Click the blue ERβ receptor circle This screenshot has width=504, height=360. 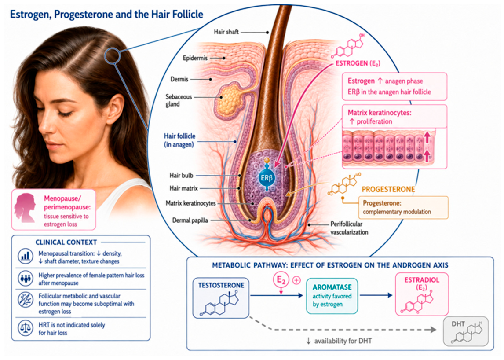[x=267, y=178]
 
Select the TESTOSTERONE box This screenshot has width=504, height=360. [x=221, y=298]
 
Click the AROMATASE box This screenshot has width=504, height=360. [x=332, y=296]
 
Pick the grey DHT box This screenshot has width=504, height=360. [x=465, y=331]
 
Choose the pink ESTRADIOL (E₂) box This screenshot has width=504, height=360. [x=422, y=294]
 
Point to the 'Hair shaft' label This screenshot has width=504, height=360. [x=226, y=32]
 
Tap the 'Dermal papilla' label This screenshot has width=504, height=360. [x=190, y=220]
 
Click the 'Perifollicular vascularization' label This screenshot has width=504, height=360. [x=349, y=228]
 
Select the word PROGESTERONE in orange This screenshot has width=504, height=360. [x=388, y=189]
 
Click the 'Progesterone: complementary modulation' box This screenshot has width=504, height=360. [x=403, y=208]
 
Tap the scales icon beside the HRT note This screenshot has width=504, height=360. [x=26, y=328]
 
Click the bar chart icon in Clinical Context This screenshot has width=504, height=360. [x=26, y=257]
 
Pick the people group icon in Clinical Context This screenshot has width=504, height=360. [x=26, y=278]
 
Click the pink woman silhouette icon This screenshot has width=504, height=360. [x=25, y=208]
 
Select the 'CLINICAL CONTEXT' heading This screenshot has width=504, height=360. [x=66, y=242]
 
